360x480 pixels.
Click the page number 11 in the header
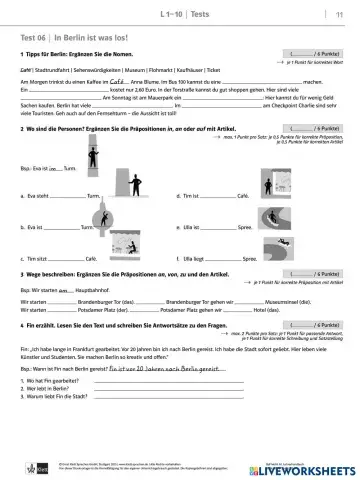tap(338, 12)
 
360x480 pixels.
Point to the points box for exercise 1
tap(307, 52)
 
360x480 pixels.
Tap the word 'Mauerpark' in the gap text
tap(152, 97)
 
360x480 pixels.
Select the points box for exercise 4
tap(307, 326)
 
